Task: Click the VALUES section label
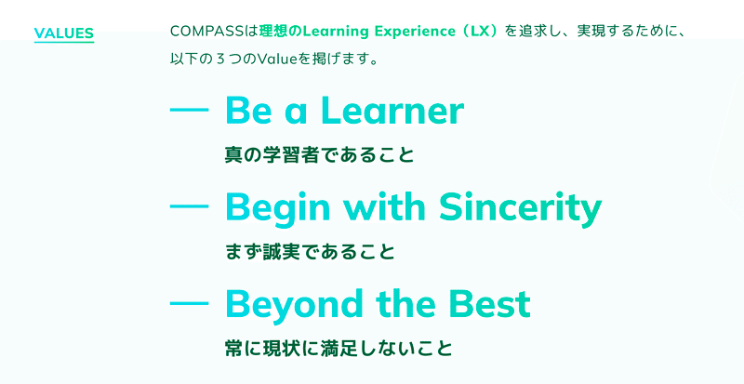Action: click(64, 33)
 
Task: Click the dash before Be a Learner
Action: click(189, 110)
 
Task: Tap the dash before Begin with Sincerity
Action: click(189, 206)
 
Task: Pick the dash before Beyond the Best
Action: click(189, 303)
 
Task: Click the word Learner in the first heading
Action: click(392, 111)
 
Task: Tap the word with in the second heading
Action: click(385, 207)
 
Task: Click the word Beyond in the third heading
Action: click(294, 305)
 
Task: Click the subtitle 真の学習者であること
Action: click(319, 155)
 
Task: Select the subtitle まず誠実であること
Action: click(310, 252)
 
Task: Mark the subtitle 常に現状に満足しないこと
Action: click(339, 349)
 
